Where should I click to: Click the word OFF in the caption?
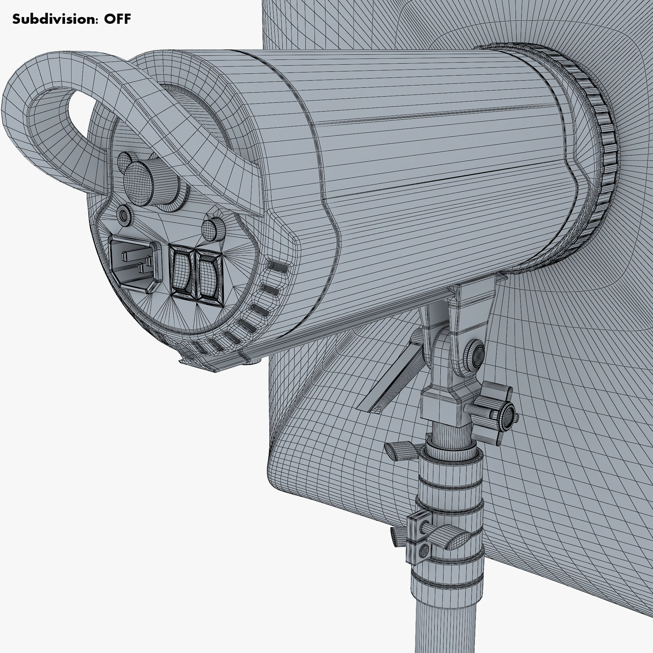(x=117, y=19)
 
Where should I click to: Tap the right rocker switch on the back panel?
(x=208, y=278)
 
